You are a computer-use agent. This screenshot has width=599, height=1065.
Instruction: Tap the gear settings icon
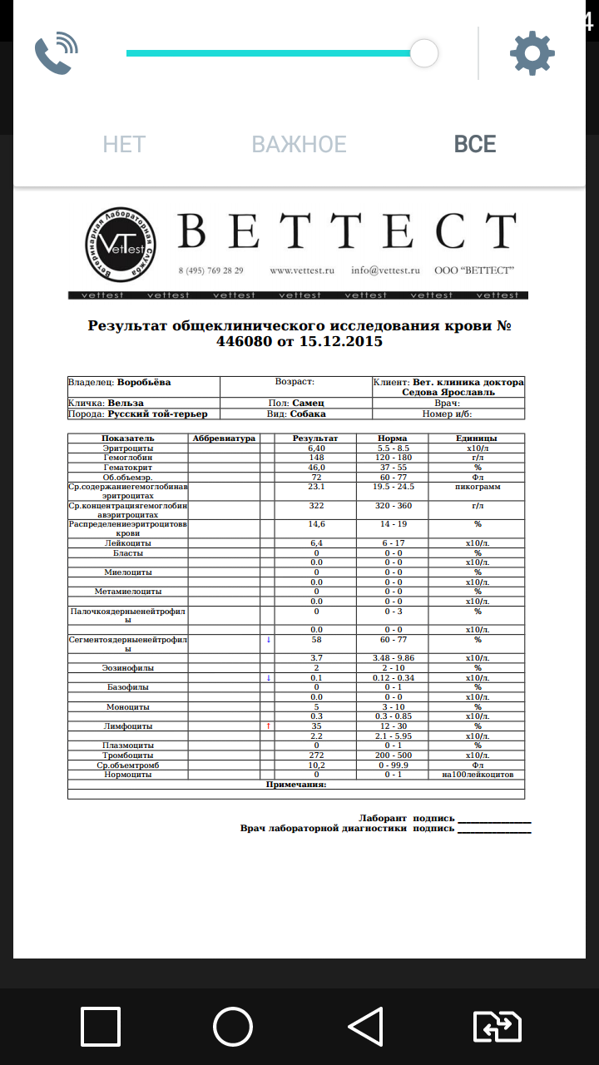pyautogui.click(x=532, y=54)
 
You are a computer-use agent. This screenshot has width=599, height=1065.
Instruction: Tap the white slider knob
pyautogui.click(x=424, y=53)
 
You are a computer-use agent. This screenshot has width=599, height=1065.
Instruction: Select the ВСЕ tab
pyautogui.click(x=475, y=144)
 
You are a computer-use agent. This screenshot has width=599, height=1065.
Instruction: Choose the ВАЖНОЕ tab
pyautogui.click(x=299, y=144)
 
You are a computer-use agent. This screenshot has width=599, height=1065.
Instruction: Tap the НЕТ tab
pyautogui.click(x=124, y=144)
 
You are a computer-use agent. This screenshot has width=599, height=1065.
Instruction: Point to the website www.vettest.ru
pyautogui.click(x=301, y=270)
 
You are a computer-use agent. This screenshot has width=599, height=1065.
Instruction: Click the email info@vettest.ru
pyautogui.click(x=385, y=270)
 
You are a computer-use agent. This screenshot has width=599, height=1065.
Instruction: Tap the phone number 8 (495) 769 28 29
pyautogui.click(x=210, y=270)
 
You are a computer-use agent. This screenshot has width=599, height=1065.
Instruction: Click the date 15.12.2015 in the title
pyautogui.click(x=341, y=341)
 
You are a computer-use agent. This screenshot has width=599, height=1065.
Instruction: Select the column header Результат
pyautogui.click(x=315, y=438)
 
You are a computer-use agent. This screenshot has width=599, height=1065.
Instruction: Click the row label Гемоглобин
pyautogui.click(x=127, y=458)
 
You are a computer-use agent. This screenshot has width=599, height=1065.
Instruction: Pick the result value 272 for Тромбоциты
pyautogui.click(x=315, y=755)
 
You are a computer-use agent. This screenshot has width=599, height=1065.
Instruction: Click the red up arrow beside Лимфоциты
pyautogui.click(x=268, y=726)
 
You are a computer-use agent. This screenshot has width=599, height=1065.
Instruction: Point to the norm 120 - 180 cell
pyautogui.click(x=394, y=458)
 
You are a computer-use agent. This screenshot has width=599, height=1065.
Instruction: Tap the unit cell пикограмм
pyautogui.click(x=478, y=487)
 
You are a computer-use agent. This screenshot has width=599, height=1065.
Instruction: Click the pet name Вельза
pyautogui.click(x=125, y=403)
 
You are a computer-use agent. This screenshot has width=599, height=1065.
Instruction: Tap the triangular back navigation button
pyautogui.click(x=365, y=1026)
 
